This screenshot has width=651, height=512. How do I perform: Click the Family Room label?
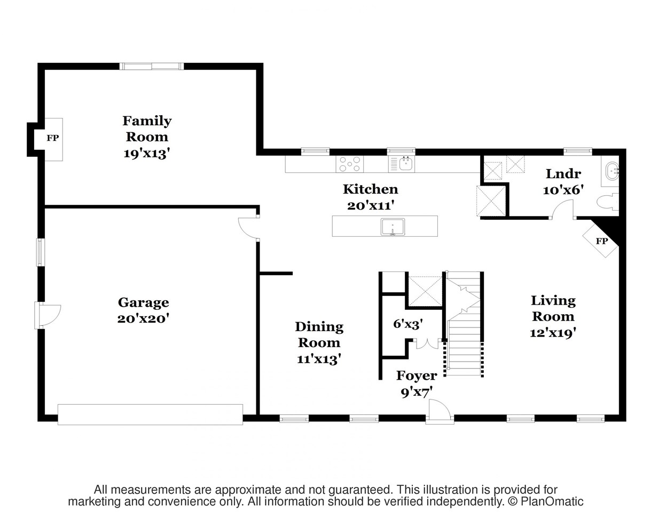[147, 129]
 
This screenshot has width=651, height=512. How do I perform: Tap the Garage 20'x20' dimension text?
[143, 319]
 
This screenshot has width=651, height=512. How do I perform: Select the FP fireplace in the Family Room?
[53, 139]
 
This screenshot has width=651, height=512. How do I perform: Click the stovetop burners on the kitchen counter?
[350, 164]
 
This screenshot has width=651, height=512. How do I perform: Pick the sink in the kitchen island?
[393, 227]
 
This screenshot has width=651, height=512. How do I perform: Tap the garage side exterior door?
[48, 315]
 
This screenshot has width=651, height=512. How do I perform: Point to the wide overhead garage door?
[150, 414]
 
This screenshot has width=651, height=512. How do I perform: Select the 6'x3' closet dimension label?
[408, 324]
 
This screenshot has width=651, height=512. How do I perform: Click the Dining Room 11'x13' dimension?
[319, 359]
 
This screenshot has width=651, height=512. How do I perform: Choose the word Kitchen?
[371, 189]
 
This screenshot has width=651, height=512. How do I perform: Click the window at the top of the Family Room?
[152, 66]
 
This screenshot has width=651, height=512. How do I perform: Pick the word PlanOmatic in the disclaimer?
[552, 502]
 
